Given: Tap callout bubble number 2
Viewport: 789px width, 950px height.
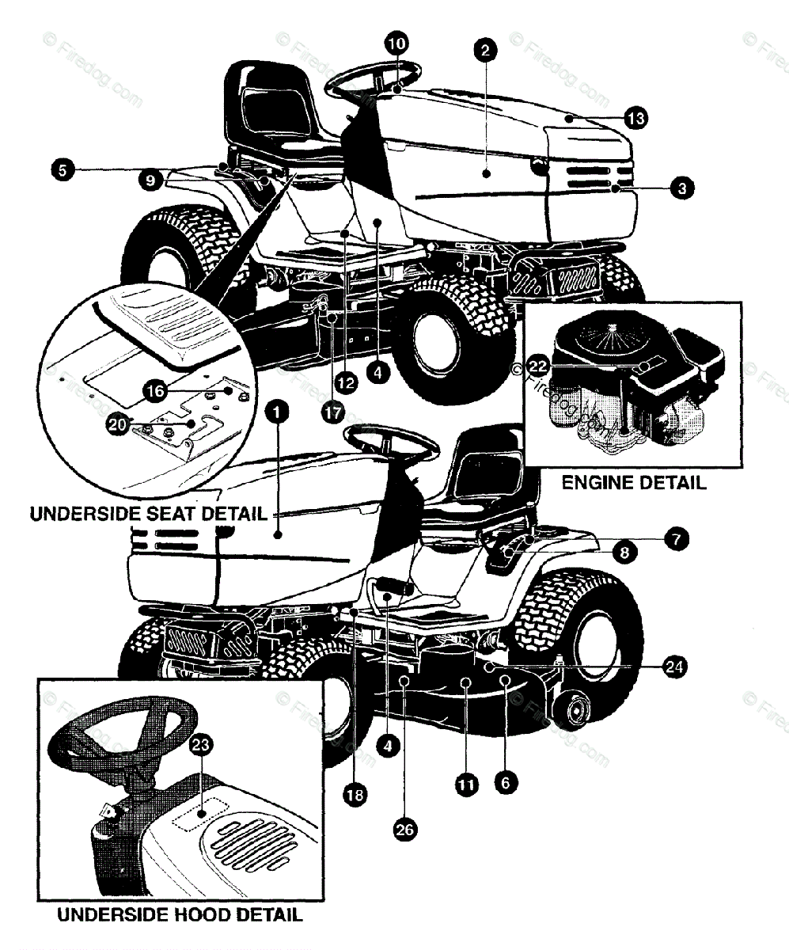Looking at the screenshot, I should [485, 50].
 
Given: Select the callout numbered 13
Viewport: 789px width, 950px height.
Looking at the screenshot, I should [635, 119].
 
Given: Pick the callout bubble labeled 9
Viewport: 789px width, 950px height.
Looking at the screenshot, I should [148, 180].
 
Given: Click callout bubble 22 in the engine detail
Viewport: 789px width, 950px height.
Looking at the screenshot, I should [538, 366].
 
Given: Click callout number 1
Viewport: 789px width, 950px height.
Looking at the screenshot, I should [278, 411].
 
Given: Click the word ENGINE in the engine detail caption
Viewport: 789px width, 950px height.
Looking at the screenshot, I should [596, 483].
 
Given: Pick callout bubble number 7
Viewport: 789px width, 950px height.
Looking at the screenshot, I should [675, 539].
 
